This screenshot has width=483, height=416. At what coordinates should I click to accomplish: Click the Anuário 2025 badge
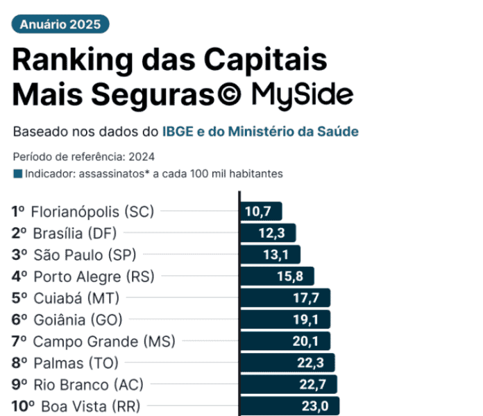click(x=60, y=24)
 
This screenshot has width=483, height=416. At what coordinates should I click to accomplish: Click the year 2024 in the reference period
click(x=141, y=156)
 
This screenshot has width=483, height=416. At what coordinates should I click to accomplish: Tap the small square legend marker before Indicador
click(x=17, y=173)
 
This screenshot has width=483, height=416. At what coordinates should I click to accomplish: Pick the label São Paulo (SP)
click(x=90, y=254)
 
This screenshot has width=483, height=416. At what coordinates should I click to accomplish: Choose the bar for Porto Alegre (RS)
click(x=276, y=276)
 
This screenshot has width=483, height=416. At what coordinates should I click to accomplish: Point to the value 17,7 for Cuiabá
click(x=305, y=298)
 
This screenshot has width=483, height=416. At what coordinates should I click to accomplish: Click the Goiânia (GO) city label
click(x=77, y=320)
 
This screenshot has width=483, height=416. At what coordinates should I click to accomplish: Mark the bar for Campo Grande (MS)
click(x=284, y=341)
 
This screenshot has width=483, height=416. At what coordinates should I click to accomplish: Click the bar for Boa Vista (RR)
click(x=288, y=406)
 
